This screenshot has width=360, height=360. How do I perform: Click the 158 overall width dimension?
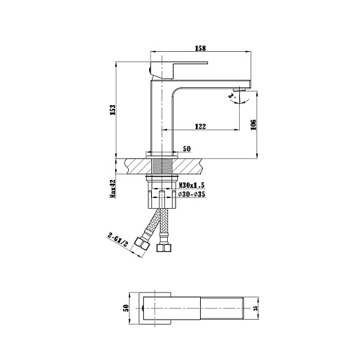[x=200, y=48]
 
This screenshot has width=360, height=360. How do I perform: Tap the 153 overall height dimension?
[x=113, y=110]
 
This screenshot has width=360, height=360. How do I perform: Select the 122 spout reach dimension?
[x=200, y=126]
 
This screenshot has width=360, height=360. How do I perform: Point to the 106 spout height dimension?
[x=253, y=125]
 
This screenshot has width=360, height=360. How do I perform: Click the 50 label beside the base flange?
[x=186, y=149]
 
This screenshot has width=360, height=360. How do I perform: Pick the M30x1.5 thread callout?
[x=192, y=185]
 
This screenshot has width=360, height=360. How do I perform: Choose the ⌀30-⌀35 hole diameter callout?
[x=192, y=194]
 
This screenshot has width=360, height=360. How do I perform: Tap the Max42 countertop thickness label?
[x=113, y=189]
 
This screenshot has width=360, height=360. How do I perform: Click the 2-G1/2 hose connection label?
[x=117, y=240]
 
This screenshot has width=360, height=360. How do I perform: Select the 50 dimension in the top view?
[x=126, y=308]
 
